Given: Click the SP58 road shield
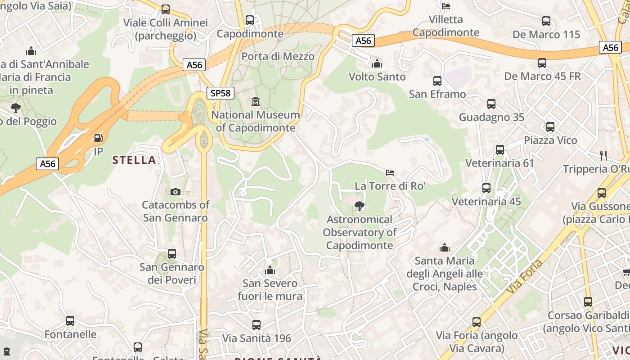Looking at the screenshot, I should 220,93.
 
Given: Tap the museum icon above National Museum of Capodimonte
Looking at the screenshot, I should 256,101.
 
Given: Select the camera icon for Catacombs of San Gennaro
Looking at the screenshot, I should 175,192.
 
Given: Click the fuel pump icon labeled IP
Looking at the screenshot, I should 98,138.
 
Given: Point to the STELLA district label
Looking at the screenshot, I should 134,160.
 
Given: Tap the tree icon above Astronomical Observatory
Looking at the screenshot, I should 359,206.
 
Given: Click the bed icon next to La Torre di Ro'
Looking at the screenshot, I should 390,172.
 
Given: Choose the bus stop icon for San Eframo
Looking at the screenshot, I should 437,81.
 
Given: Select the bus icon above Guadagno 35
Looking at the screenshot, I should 491,104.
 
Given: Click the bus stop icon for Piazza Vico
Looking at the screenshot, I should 550,127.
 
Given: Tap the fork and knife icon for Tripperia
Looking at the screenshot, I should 603,156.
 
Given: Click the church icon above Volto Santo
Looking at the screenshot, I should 377,63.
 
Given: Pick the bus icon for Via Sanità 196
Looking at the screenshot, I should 256,324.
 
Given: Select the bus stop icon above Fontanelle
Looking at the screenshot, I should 70,321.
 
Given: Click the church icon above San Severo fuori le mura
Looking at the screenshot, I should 270,270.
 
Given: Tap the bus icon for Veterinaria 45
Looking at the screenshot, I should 486,188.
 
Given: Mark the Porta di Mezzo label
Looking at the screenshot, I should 278,56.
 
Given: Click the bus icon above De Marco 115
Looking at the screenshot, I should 546,21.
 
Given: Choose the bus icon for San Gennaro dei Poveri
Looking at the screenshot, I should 172,254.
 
